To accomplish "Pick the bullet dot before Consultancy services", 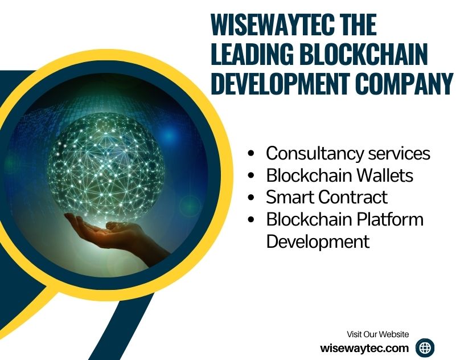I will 251,154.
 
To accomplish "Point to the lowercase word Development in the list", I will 318,241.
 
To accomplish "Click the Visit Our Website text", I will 378,334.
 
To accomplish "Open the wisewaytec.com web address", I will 365,347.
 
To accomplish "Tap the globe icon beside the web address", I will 425,347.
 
